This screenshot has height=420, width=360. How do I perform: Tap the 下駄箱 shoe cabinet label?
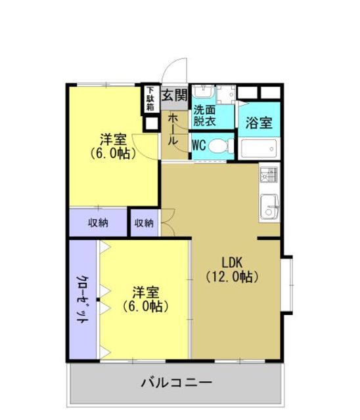(x=150, y=98)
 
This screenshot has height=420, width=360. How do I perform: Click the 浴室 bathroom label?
(x=258, y=123)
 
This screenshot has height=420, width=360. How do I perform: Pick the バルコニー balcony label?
(x=176, y=382)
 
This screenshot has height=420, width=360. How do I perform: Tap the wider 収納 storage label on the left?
(x=99, y=223)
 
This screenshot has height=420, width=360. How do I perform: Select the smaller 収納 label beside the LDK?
(x=144, y=223)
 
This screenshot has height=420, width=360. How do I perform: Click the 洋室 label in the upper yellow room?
(x=113, y=139)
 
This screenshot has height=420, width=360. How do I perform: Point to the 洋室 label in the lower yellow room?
(x=145, y=291)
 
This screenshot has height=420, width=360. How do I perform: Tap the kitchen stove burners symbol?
(x=269, y=176)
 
